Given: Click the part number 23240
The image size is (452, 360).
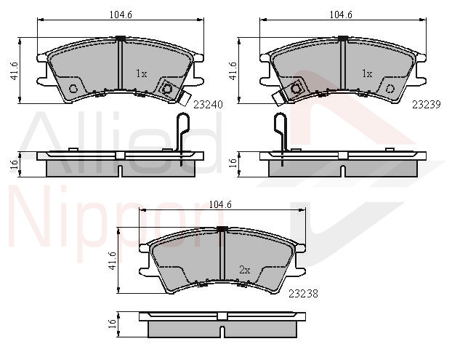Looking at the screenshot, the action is pyautogui.click(x=208, y=105).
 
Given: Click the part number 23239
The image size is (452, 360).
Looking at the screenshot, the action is pyautogui.click(x=427, y=105).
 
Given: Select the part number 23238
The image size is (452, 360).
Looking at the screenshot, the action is pyautogui.click(x=303, y=294).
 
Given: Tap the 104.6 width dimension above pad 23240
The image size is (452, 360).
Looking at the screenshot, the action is pyautogui.click(x=121, y=15).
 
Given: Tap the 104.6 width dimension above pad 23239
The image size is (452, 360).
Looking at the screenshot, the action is pyautogui.click(x=341, y=15).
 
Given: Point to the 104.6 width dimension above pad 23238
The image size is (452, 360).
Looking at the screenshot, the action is pyautogui.click(x=220, y=204).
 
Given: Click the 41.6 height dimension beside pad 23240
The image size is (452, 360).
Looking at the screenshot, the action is pyautogui.click(x=15, y=71).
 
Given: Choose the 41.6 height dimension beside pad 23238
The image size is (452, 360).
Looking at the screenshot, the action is pyautogui.click(x=113, y=260).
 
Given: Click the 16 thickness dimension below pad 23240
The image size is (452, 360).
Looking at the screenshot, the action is pyautogui.click(x=15, y=164).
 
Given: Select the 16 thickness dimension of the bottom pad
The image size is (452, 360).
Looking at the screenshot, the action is pyautogui.click(x=113, y=324).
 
